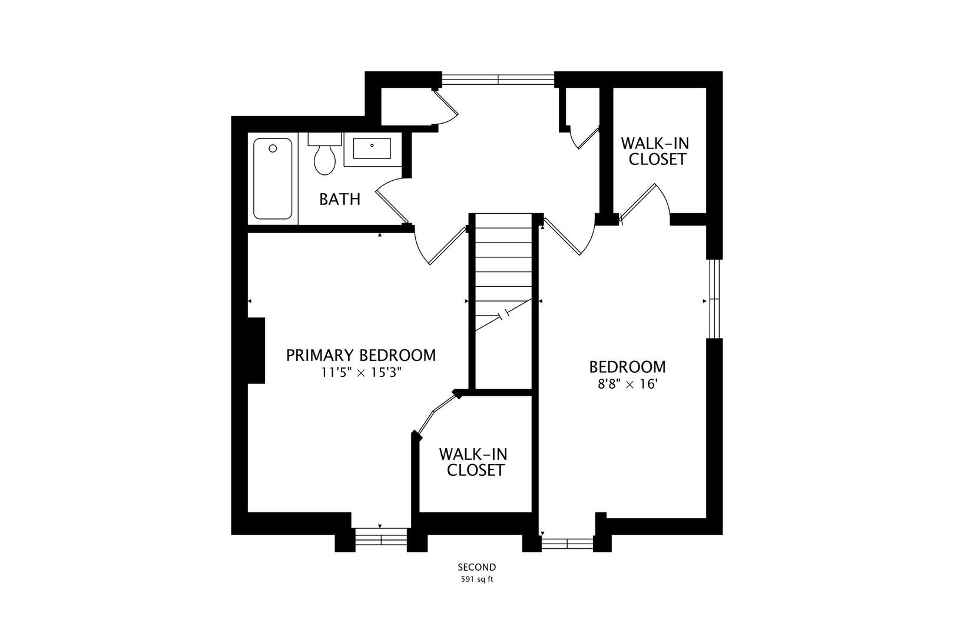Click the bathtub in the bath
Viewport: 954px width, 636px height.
(x=273, y=178)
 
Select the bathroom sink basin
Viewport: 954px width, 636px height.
(x=372, y=149)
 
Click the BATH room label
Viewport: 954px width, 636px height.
(x=340, y=199)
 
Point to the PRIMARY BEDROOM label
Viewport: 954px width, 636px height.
(x=361, y=355)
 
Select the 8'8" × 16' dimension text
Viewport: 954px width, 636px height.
(x=627, y=385)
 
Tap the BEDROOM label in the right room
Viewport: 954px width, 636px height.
(x=627, y=367)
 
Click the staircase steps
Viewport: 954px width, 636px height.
(x=503, y=271)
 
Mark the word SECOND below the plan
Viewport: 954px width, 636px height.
(x=477, y=567)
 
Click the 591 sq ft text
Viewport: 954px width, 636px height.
(x=477, y=579)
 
